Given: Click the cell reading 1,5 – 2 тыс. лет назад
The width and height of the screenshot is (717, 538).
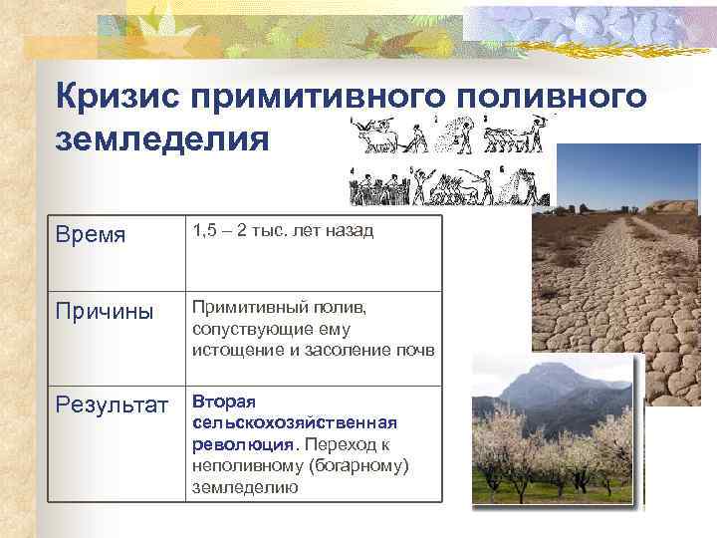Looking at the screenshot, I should coord(282,231).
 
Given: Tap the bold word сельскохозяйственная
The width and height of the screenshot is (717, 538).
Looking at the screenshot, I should coord(295,422).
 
